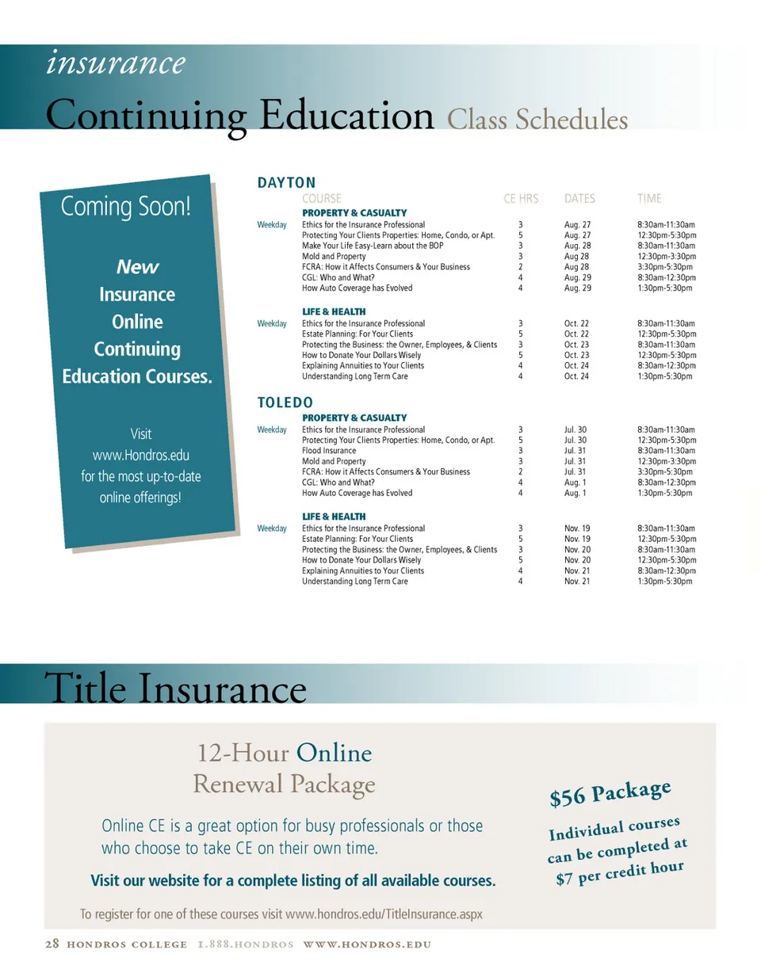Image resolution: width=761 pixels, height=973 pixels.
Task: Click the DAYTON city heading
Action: [x=286, y=183]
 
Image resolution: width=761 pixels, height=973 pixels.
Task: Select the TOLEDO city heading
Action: [x=285, y=403]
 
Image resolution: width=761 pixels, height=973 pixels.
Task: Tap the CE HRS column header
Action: [x=521, y=199]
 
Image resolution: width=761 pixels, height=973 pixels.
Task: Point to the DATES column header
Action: [x=579, y=199]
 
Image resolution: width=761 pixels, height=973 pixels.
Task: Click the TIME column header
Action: [x=648, y=199]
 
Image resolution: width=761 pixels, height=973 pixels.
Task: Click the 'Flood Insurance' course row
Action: [x=329, y=450]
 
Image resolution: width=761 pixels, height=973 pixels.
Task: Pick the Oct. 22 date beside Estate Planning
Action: [x=576, y=334]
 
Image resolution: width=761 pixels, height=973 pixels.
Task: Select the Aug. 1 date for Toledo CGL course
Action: [x=575, y=482]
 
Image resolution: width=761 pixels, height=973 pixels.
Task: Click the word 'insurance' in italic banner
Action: [x=117, y=62]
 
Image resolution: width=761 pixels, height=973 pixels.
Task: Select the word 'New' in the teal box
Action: [x=137, y=267]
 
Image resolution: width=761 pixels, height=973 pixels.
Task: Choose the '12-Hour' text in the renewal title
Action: [x=243, y=752]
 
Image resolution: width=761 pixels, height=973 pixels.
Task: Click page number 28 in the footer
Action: [x=52, y=944]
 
